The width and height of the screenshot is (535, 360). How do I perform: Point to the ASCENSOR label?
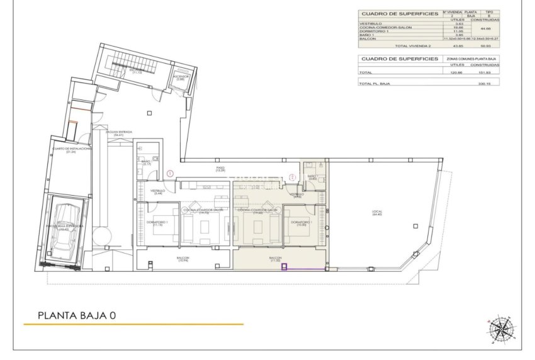click(x=181, y=78)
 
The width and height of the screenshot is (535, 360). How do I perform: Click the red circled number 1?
click(x=170, y=173)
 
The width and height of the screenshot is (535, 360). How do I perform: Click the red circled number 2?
click(x=292, y=177)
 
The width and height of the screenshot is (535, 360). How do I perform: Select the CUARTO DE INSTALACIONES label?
click(x=70, y=150)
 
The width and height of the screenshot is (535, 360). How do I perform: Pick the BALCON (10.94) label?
click(x=184, y=259)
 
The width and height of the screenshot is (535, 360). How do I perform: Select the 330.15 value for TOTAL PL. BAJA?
click(x=484, y=83)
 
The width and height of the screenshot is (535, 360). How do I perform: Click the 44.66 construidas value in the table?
click(x=484, y=28)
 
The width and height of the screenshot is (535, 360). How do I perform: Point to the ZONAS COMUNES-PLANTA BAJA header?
click(x=469, y=58)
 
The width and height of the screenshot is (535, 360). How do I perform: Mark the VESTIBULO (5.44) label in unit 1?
click(x=157, y=191)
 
